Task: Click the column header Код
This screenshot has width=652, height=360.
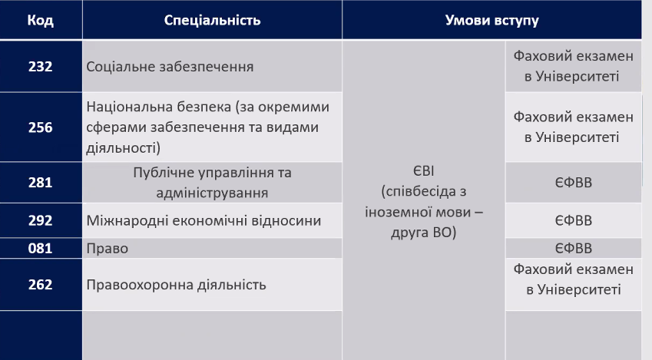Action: tap(41, 20)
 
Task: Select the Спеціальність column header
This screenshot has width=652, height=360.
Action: tap(212, 20)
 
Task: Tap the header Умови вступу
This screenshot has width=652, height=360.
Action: tap(492, 20)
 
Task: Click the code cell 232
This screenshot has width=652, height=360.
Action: tap(41, 67)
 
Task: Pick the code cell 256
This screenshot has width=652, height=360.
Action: tap(41, 127)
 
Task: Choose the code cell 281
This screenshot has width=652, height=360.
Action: tap(41, 183)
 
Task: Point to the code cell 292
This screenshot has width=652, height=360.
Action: tap(41, 220)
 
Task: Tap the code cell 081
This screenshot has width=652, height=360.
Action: tap(41, 248)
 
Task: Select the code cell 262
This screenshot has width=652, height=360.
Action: tap(41, 285)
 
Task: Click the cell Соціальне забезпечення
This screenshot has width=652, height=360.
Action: tap(170, 67)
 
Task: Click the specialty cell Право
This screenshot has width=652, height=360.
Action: tap(108, 249)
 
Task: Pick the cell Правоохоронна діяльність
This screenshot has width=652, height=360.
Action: tap(176, 285)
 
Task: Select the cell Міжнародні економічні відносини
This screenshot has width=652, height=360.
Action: tap(204, 220)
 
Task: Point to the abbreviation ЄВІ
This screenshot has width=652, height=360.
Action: tap(424, 171)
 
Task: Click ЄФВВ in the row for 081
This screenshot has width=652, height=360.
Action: tap(574, 249)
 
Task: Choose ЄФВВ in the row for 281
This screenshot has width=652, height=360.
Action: tap(574, 183)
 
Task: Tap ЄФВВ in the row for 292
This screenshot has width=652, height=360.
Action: tap(574, 220)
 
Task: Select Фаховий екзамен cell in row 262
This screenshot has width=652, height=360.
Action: tap(574, 279)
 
